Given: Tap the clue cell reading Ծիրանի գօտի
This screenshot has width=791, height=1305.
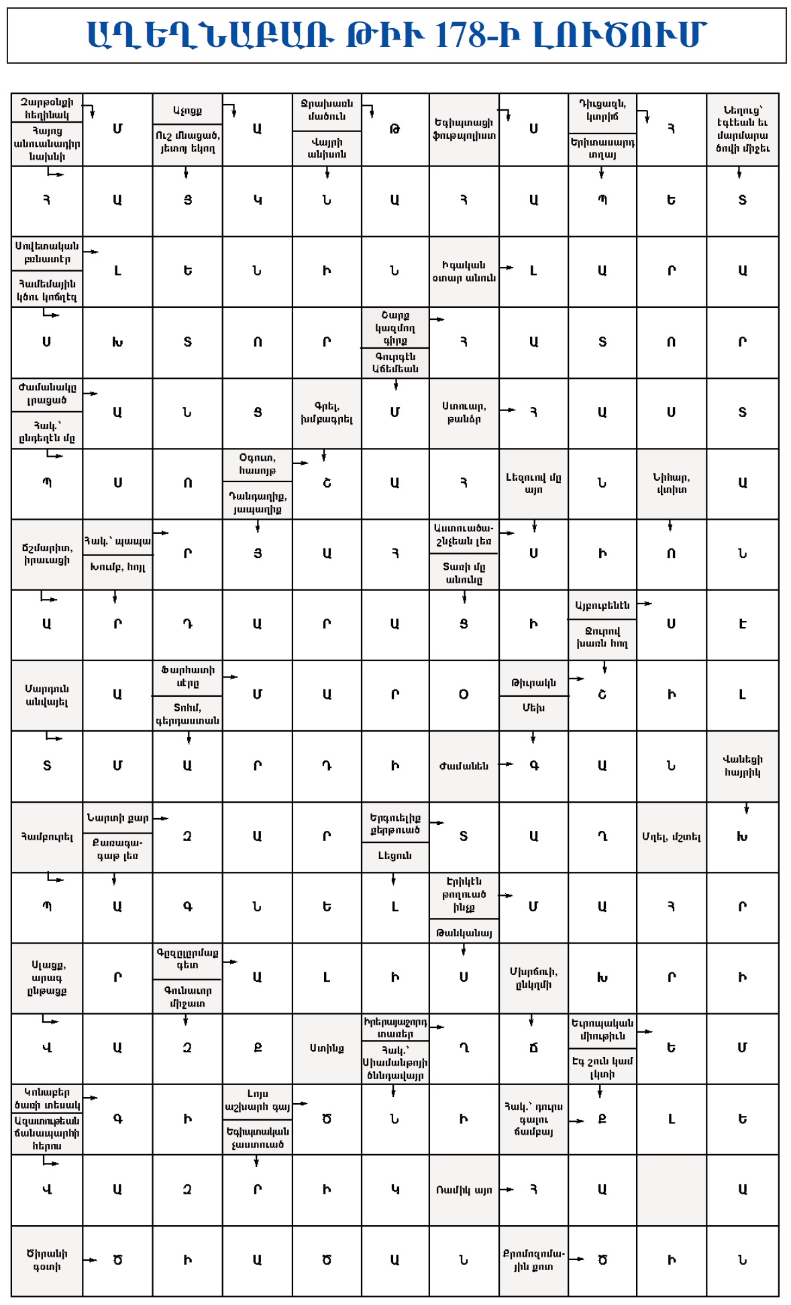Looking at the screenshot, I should click(x=47, y=1260).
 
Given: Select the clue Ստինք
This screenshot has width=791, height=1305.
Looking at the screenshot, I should click(x=327, y=1048).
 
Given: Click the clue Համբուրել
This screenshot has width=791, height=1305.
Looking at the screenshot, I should click(x=47, y=837).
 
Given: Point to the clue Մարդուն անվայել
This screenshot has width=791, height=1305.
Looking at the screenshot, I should click(x=47, y=695).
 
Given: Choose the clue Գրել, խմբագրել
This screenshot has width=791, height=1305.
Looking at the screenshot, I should click(x=327, y=412).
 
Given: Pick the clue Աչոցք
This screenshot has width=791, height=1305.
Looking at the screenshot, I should click(x=187, y=110).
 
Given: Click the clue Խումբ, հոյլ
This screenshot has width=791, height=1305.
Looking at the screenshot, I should click(x=117, y=567).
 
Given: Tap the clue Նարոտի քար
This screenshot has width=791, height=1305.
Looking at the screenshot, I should click(x=117, y=818).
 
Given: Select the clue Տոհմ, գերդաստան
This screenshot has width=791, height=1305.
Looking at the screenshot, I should click(x=187, y=714).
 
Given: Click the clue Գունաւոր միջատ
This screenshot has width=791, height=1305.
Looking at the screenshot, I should click(x=187, y=997).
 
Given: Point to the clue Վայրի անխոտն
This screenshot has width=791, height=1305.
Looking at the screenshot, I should click(x=327, y=148).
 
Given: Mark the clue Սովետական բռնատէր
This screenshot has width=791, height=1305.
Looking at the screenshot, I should click(x=47, y=253).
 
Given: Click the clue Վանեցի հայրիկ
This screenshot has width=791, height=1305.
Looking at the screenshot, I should click(x=742, y=766).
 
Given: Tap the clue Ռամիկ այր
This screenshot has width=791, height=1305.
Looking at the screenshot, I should click(x=464, y=1190).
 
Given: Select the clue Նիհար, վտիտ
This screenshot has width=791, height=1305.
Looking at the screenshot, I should click(x=671, y=483).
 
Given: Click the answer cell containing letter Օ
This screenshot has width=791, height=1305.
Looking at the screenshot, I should click(x=464, y=695).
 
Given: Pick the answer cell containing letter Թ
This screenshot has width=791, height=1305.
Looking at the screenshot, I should click(x=394, y=129).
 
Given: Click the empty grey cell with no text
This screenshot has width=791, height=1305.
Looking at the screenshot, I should click(x=671, y=1190).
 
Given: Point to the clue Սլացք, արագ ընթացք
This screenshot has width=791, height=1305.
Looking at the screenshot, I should click(x=47, y=978).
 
